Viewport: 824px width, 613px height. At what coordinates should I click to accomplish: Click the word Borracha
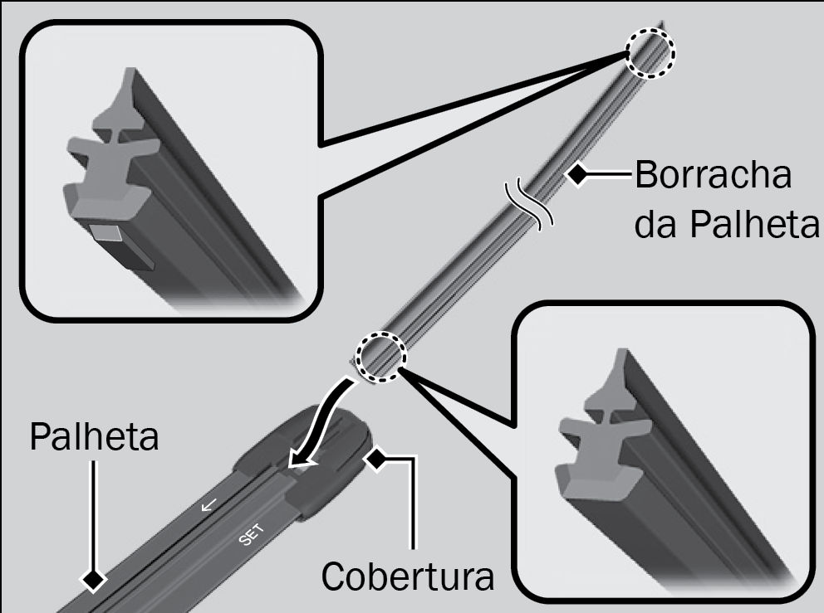pos(714,175)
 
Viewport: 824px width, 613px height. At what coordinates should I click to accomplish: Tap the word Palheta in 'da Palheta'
pos(754,225)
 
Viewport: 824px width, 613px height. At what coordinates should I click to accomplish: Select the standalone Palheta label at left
pos(94,436)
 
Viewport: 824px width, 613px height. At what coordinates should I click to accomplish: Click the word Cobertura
pos(408,577)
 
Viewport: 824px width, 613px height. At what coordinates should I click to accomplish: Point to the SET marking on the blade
pos(252,535)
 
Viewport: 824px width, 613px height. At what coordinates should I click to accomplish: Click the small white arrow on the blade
pos(208,505)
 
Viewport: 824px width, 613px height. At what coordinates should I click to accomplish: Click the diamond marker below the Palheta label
pos(93,580)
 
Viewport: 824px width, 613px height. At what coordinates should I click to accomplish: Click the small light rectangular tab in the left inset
pos(107,231)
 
